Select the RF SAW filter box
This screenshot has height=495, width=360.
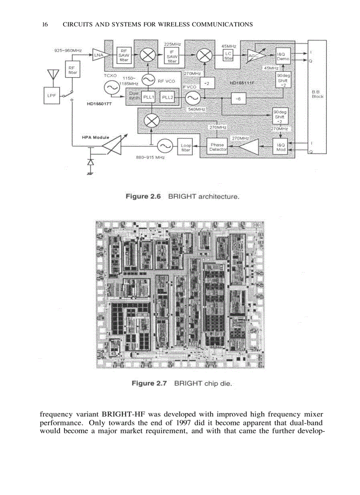pyautogui.click(x=124, y=56)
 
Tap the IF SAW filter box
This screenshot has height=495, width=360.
pyautogui.click(x=172, y=56)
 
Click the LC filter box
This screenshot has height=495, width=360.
pyautogui.click(x=229, y=56)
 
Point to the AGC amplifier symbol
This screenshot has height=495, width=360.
pyautogui.click(x=255, y=56)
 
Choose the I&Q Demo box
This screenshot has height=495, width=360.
pyautogui.click(x=282, y=56)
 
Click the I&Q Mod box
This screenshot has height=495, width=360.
pyautogui.click(x=281, y=147)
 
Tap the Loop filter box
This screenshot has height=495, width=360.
pyautogui.click(x=186, y=147)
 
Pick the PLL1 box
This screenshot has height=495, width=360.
pyautogui.click(x=148, y=97)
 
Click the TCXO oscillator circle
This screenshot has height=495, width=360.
pyautogui.click(x=110, y=88)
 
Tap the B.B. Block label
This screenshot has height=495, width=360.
pyautogui.click(x=317, y=94)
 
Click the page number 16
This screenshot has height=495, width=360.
pyautogui.click(x=45, y=25)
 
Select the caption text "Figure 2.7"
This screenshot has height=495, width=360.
pyautogui.click(x=149, y=383)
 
